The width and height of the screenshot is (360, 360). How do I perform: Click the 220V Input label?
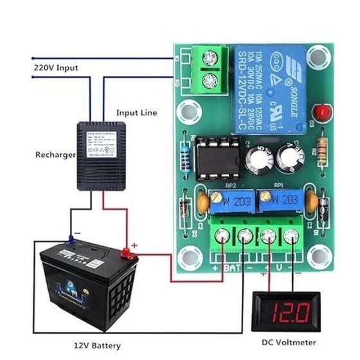coord(55,66)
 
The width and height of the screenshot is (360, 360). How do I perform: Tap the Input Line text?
coord(136,113)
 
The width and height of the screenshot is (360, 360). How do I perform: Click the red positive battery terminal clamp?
coord(129,255)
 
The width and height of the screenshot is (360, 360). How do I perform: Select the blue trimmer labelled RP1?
coord(278,199)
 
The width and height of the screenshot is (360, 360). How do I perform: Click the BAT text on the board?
coord(233,266)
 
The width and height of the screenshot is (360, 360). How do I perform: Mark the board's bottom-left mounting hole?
coord(190,257)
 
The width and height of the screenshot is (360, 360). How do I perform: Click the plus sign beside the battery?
coord(134,245)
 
